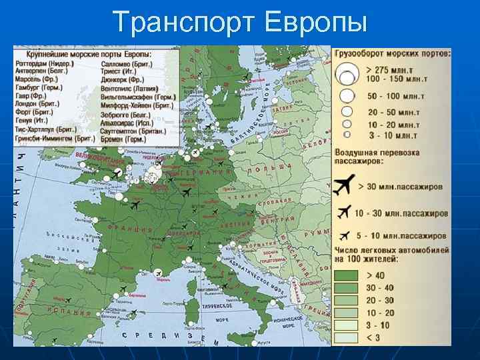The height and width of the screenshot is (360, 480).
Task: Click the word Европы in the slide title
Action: point(316,21)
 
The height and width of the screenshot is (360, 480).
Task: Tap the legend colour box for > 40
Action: point(345,275)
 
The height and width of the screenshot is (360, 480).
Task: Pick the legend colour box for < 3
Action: point(345,338)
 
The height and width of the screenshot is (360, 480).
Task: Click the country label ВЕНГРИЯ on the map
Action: point(283,220)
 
